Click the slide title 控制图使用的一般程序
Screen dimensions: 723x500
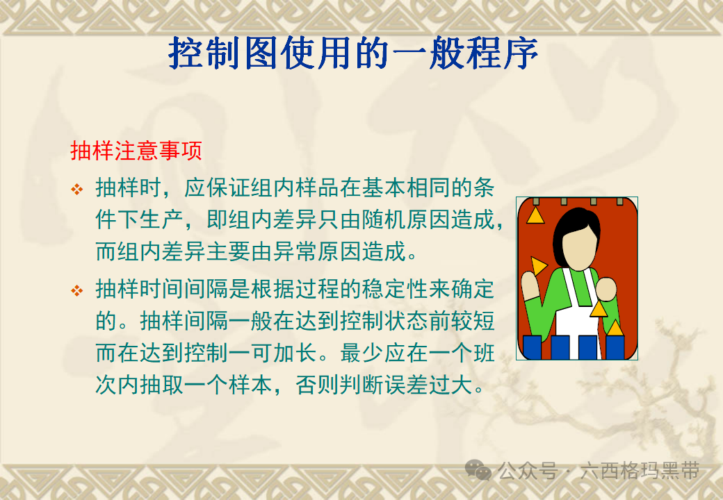tap(353, 53)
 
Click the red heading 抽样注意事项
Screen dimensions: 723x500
tap(136, 151)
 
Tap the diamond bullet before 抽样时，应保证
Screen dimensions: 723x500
tap(77, 189)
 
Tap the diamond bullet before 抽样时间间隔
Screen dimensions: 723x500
tap(77, 290)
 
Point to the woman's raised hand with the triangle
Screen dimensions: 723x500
tap(530, 286)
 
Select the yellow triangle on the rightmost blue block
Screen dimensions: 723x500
tap(615, 328)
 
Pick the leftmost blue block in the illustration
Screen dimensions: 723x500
tap(532, 348)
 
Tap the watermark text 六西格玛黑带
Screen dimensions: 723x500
tap(640, 471)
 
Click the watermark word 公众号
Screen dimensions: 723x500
tap(528, 471)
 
